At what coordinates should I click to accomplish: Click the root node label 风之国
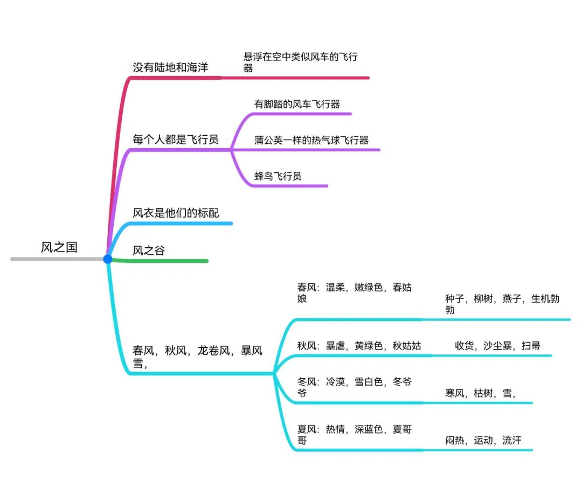tap(59, 247)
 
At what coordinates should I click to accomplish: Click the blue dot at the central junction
tap(108, 259)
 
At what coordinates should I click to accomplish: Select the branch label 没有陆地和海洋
tap(170, 67)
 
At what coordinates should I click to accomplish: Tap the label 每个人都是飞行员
tap(176, 140)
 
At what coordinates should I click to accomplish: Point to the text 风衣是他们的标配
tap(176, 213)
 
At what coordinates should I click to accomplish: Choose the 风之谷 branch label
tap(149, 250)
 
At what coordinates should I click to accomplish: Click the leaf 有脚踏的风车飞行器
tap(297, 104)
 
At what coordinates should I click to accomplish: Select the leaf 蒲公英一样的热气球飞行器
tap(311, 140)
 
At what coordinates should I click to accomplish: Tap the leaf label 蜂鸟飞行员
tap(278, 176)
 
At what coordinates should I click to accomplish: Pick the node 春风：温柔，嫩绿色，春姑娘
tap(354, 292)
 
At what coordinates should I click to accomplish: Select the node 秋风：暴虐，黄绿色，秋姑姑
tap(359, 346)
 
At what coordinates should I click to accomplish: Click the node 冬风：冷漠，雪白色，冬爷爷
tap(354, 387)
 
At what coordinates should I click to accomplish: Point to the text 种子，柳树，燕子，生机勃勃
tap(502, 304)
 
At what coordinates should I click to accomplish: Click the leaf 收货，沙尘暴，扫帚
tap(497, 346)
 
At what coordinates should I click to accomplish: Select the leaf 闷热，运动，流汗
tap(483, 441)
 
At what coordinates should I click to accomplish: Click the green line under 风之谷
tap(162, 261)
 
